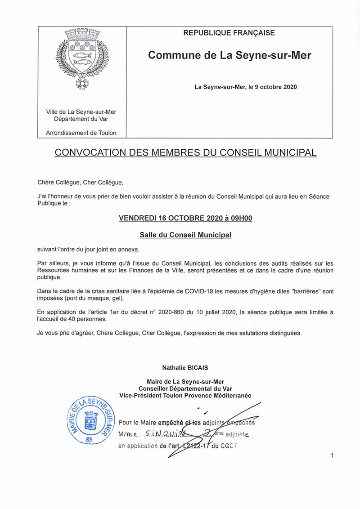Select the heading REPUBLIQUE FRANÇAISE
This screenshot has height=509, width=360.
229,33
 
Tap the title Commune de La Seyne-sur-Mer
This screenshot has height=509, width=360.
229,55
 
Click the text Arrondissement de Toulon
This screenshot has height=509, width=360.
81,133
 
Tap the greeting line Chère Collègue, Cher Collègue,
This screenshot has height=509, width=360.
80,182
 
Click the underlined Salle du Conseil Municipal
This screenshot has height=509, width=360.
185,235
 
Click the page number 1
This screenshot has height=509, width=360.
332,456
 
